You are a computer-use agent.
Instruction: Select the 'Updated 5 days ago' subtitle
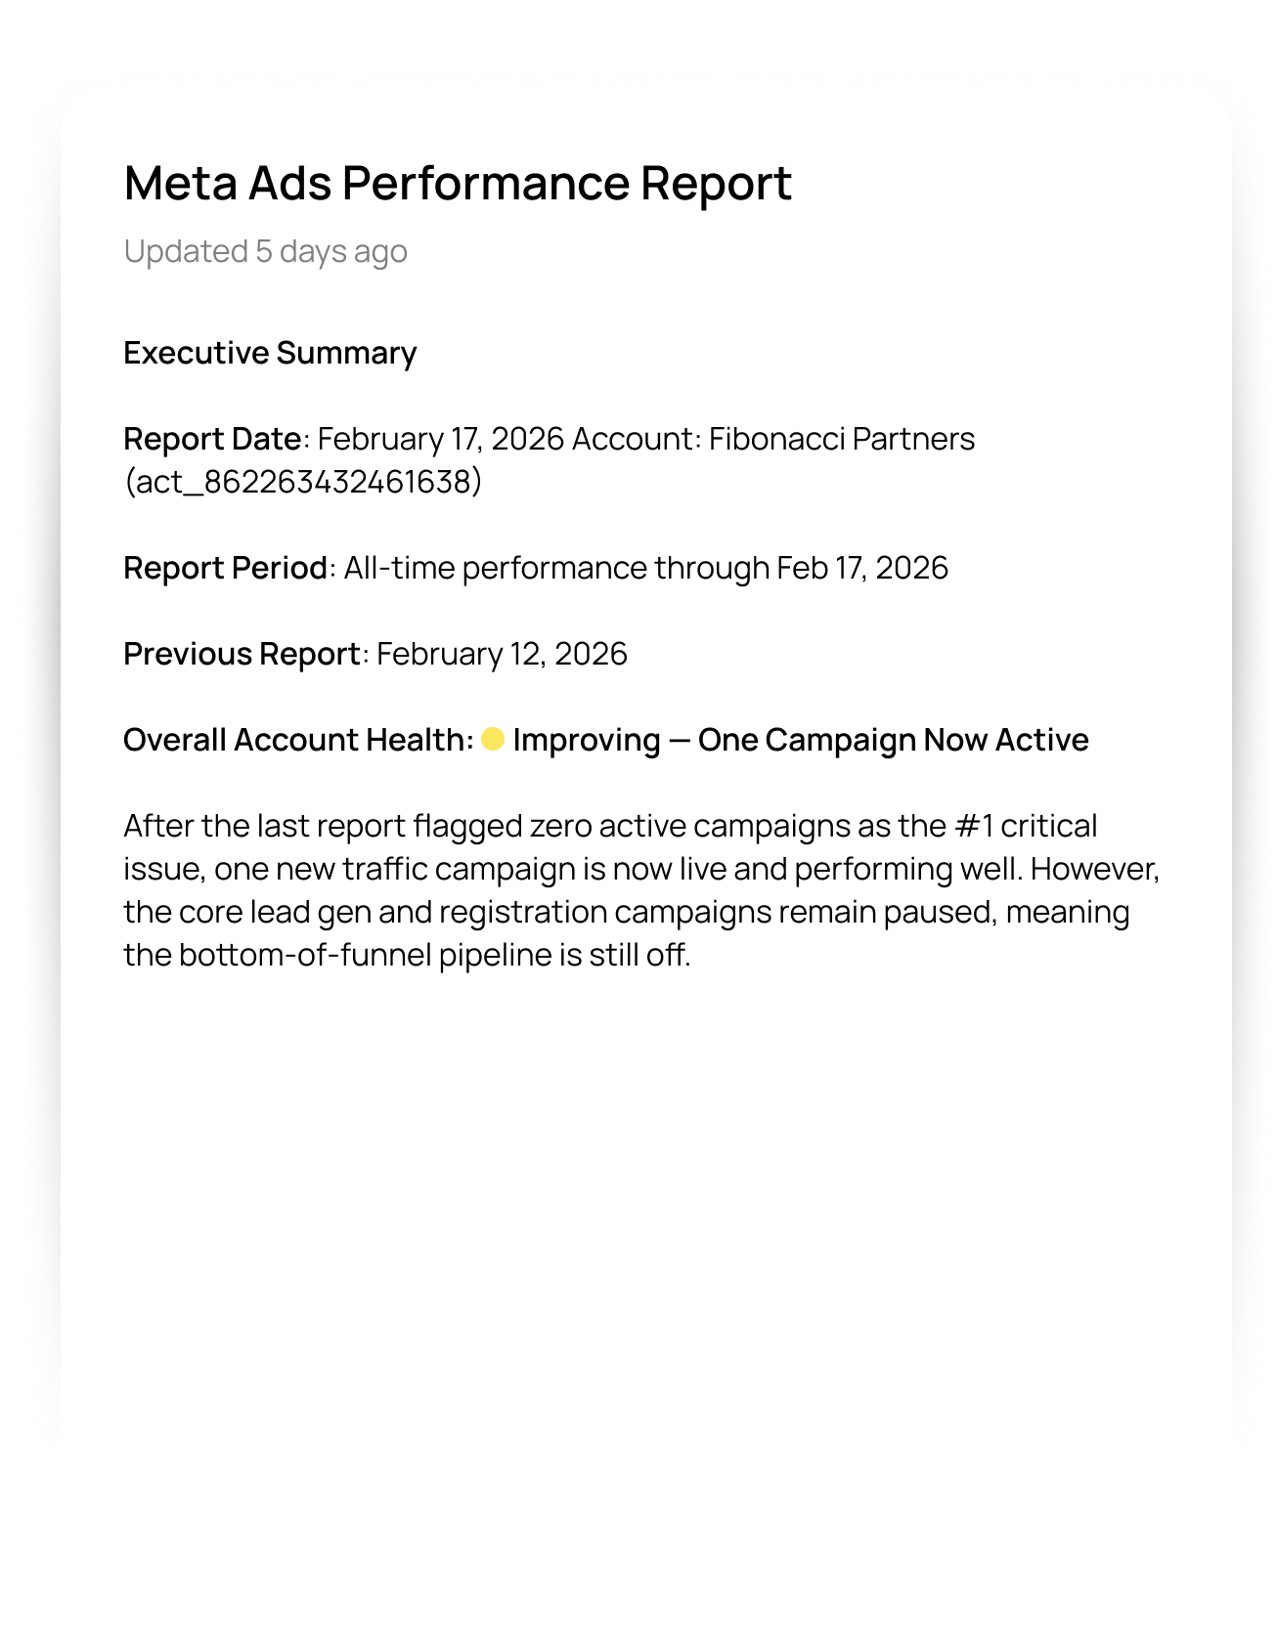(265, 251)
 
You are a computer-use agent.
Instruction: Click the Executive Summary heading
(270, 353)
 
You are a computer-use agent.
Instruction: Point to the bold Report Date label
(212, 439)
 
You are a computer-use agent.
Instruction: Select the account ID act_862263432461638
(303, 482)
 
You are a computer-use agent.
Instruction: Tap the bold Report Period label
(225, 568)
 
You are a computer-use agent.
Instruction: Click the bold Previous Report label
(242, 654)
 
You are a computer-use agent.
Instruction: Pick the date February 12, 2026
(502, 654)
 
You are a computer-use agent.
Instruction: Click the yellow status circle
(493, 740)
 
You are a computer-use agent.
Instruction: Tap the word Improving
(587, 740)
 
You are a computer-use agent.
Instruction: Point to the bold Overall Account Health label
(297, 740)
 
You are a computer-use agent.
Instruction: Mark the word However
(1093, 869)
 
